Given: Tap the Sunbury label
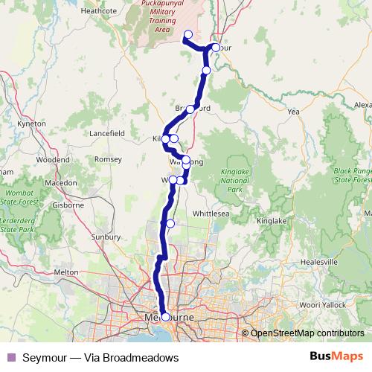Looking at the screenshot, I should coord(105,237).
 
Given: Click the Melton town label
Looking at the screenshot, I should coord(66,272).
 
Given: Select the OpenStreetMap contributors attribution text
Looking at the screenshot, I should coord(307,333).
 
